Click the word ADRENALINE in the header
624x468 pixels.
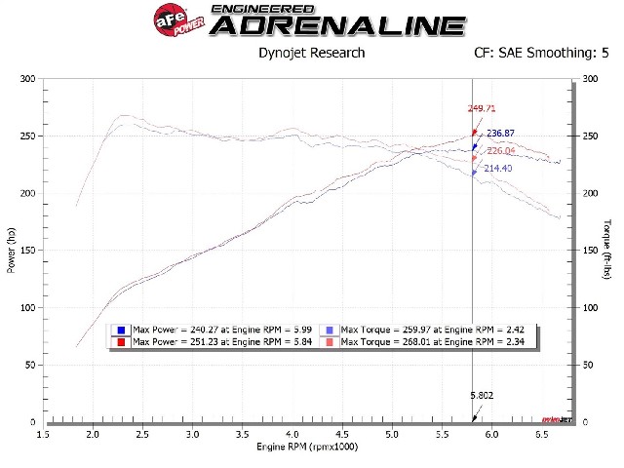[337, 25]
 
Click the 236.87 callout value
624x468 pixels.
[500, 134]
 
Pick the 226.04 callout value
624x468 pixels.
[500, 150]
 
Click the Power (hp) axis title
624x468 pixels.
[12, 250]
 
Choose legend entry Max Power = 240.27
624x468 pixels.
[211, 331]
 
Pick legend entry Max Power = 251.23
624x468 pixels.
[211, 341]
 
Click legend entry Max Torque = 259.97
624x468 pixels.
[429, 331]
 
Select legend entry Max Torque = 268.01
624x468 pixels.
[429, 341]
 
